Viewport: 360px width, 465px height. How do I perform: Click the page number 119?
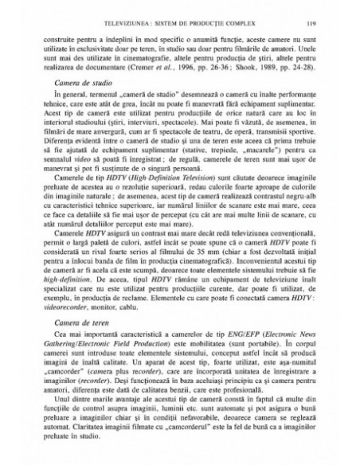pos(307,25)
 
